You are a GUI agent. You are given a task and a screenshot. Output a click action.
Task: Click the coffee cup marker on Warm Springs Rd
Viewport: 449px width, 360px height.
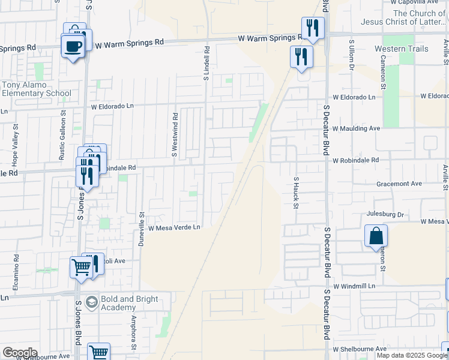[73, 46]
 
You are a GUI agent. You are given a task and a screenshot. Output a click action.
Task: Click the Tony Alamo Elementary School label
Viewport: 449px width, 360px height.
[36, 89]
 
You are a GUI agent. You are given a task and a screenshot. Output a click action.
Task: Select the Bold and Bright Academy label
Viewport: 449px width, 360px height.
[130, 303]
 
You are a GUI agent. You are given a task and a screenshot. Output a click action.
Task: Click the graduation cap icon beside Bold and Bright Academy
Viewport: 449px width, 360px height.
[91, 300]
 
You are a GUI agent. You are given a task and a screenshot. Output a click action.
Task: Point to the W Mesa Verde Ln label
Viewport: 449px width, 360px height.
[173, 228]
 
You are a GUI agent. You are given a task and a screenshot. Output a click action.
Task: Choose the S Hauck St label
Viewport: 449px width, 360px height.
[296, 193]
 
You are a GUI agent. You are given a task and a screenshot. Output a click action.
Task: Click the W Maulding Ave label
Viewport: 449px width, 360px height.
[357, 128]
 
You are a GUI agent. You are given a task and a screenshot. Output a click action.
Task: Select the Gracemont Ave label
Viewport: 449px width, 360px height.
[400, 184]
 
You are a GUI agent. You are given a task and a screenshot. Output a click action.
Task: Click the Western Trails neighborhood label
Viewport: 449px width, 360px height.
[402, 49]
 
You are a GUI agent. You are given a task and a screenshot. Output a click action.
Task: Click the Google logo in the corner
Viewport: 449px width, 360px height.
[20, 353]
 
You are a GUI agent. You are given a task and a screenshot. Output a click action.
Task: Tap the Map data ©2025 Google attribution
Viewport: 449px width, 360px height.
[412, 355]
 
